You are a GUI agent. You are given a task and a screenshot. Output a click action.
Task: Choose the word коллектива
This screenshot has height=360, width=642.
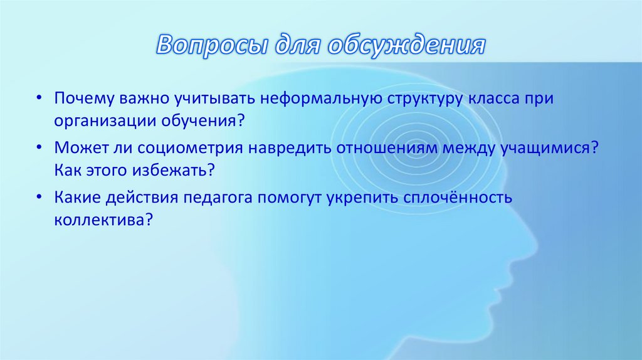point(99,220)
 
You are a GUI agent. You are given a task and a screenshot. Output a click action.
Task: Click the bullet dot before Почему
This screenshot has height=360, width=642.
point(39,100)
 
